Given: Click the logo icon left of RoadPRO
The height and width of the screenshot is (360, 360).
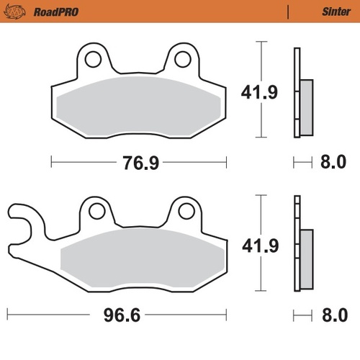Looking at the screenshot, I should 20,12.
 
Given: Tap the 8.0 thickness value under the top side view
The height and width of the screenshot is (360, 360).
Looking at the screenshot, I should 333,163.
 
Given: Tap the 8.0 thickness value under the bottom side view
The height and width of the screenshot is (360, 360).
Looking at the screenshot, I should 333,315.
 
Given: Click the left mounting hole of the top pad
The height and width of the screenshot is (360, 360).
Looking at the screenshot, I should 93,59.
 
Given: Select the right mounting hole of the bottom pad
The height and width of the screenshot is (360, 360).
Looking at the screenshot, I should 186,210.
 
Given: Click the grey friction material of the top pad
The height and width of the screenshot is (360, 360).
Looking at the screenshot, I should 137,105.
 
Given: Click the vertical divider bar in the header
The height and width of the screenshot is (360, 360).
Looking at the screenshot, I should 287,12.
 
